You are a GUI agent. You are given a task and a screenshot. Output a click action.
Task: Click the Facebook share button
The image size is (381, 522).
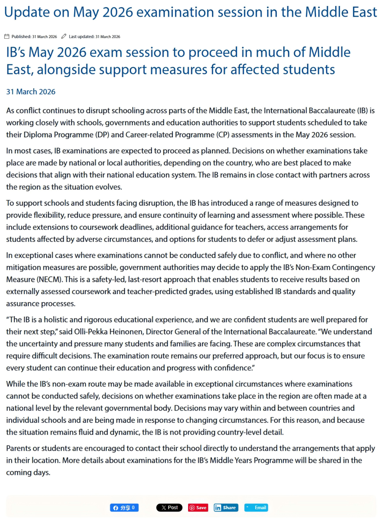click(x=124, y=508)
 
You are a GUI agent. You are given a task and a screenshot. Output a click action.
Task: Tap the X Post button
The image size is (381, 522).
click(x=169, y=508)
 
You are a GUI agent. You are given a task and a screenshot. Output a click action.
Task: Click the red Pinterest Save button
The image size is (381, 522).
click(x=198, y=508)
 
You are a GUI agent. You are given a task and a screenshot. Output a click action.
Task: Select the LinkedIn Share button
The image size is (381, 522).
click(x=226, y=508)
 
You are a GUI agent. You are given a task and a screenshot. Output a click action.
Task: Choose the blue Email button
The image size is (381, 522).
click(x=256, y=508)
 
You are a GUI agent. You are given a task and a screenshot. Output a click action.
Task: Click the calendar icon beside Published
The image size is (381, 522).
click(x=7, y=36)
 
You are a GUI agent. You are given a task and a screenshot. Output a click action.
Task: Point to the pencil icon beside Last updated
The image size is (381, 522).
click(x=64, y=36)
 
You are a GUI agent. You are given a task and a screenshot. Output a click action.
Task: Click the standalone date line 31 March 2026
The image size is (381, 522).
click(x=31, y=92)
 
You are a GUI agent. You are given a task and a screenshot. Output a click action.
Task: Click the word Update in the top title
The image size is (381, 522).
click(x=27, y=12)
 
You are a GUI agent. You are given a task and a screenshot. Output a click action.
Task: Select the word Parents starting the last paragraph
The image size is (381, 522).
click(x=18, y=448)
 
